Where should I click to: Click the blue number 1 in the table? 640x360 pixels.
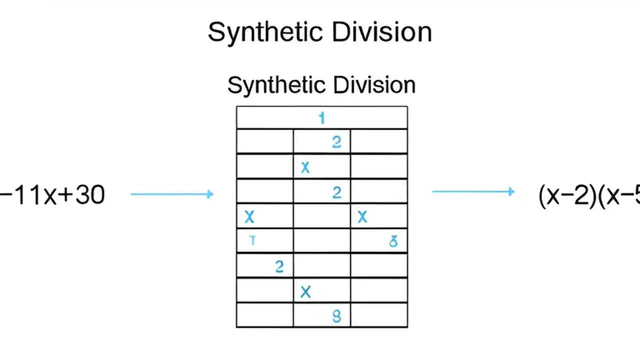click(321, 118)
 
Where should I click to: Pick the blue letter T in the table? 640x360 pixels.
click(252, 241)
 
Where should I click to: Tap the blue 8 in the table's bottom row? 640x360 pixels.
click(336, 316)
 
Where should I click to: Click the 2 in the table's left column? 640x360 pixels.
click(279, 266)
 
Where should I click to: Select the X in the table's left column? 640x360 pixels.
click(249, 217)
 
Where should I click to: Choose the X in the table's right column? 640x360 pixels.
click(362, 217)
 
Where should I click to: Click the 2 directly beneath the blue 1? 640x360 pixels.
click(336, 143)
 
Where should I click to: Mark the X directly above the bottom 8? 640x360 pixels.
click(305, 292)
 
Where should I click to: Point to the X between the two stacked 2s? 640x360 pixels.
click(305, 168)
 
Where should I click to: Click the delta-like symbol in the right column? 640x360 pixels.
click(393, 242)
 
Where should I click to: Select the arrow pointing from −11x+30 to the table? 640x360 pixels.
click(172, 194)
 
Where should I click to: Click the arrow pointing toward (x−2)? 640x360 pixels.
click(473, 191)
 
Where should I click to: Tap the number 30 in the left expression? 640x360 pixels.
click(90, 194)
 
